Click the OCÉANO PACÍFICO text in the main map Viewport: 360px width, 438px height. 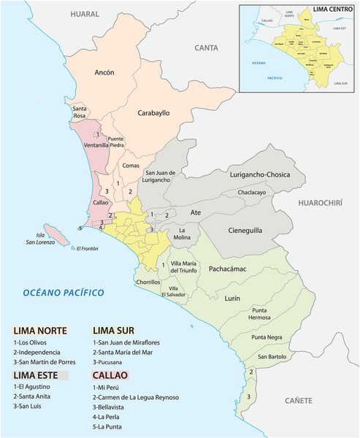tap(62, 293)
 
